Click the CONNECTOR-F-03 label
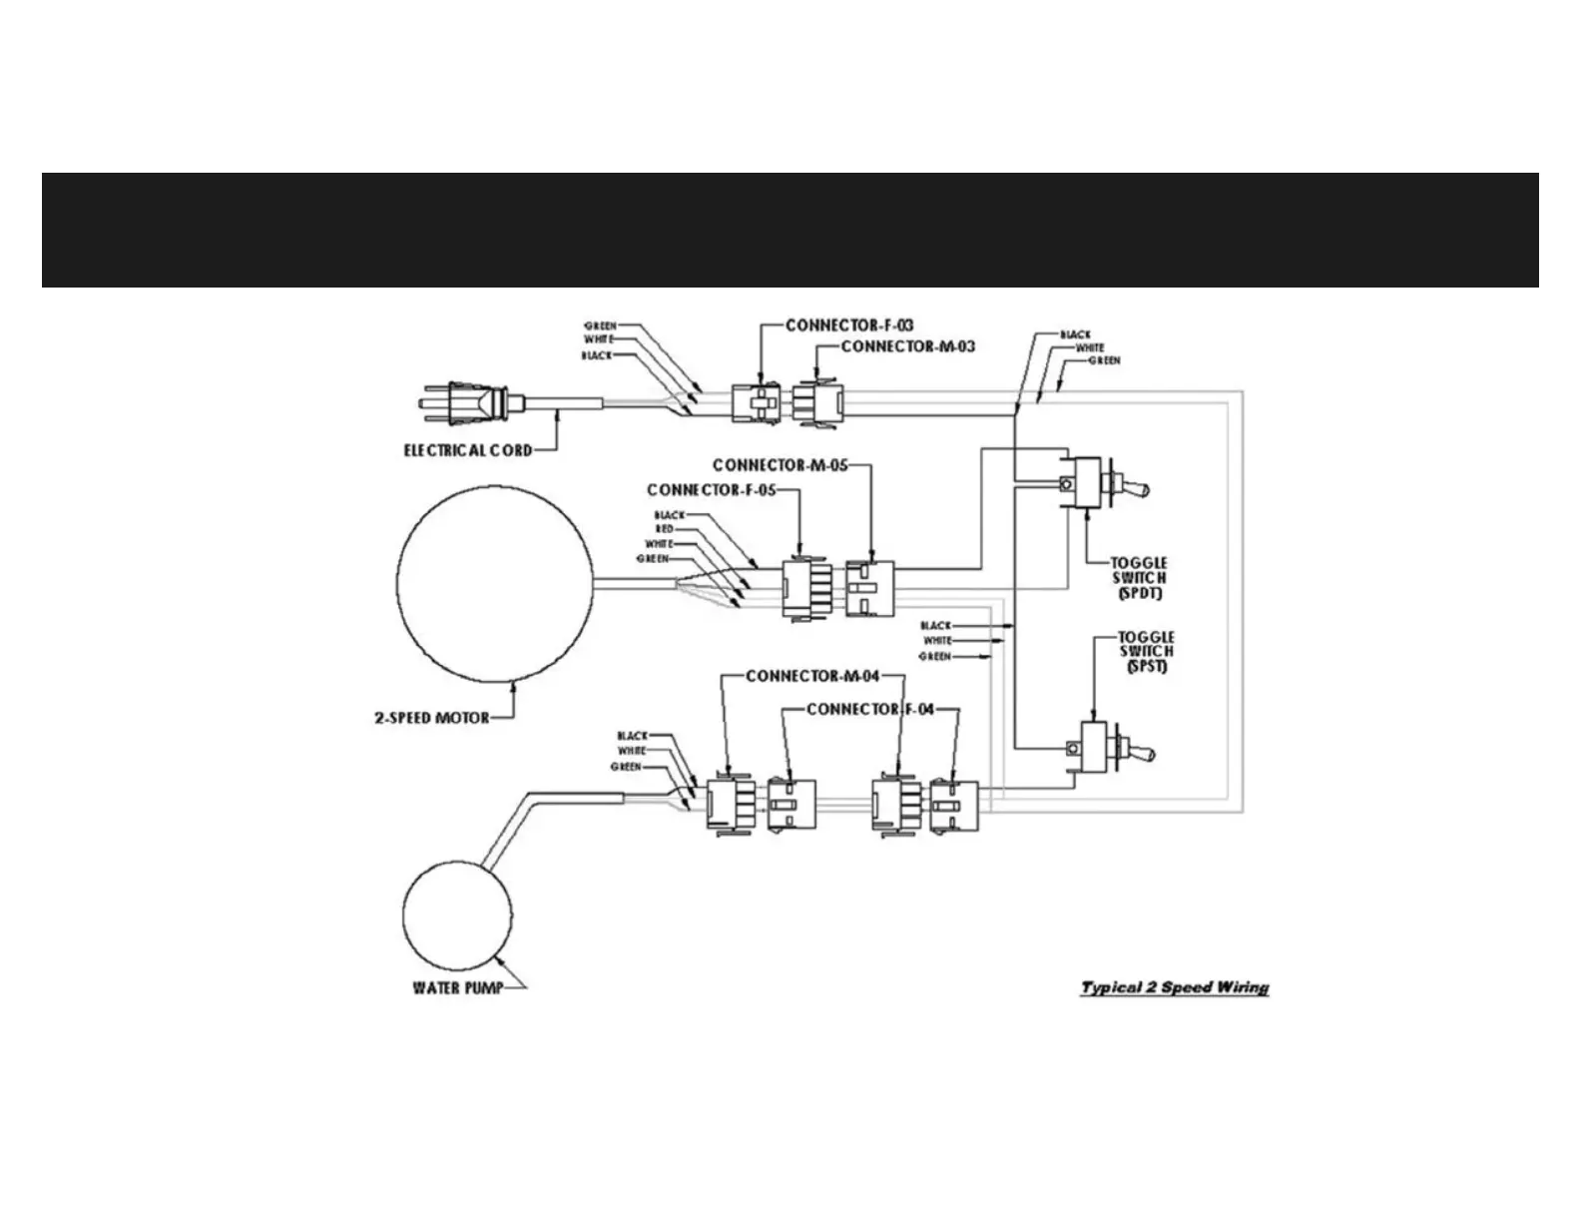849,325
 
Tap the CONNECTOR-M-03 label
908,346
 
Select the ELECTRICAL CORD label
467,450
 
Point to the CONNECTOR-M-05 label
780,465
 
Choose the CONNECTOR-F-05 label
711,489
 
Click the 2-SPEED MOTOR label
432,717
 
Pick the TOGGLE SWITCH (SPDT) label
1139,578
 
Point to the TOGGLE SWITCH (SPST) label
1146,651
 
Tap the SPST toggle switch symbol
1104,747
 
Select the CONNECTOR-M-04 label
812,676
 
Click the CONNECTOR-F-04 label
870,709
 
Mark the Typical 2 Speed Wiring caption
1175,987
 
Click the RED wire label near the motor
665,528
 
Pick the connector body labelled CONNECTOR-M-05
869,588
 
